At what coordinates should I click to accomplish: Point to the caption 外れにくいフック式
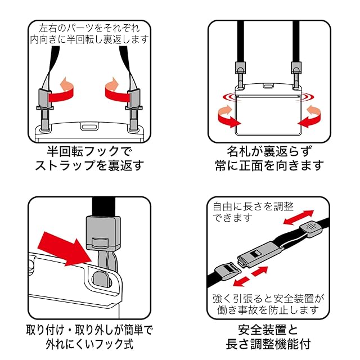(x=89, y=343)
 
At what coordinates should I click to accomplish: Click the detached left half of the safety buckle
(x=228, y=271)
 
